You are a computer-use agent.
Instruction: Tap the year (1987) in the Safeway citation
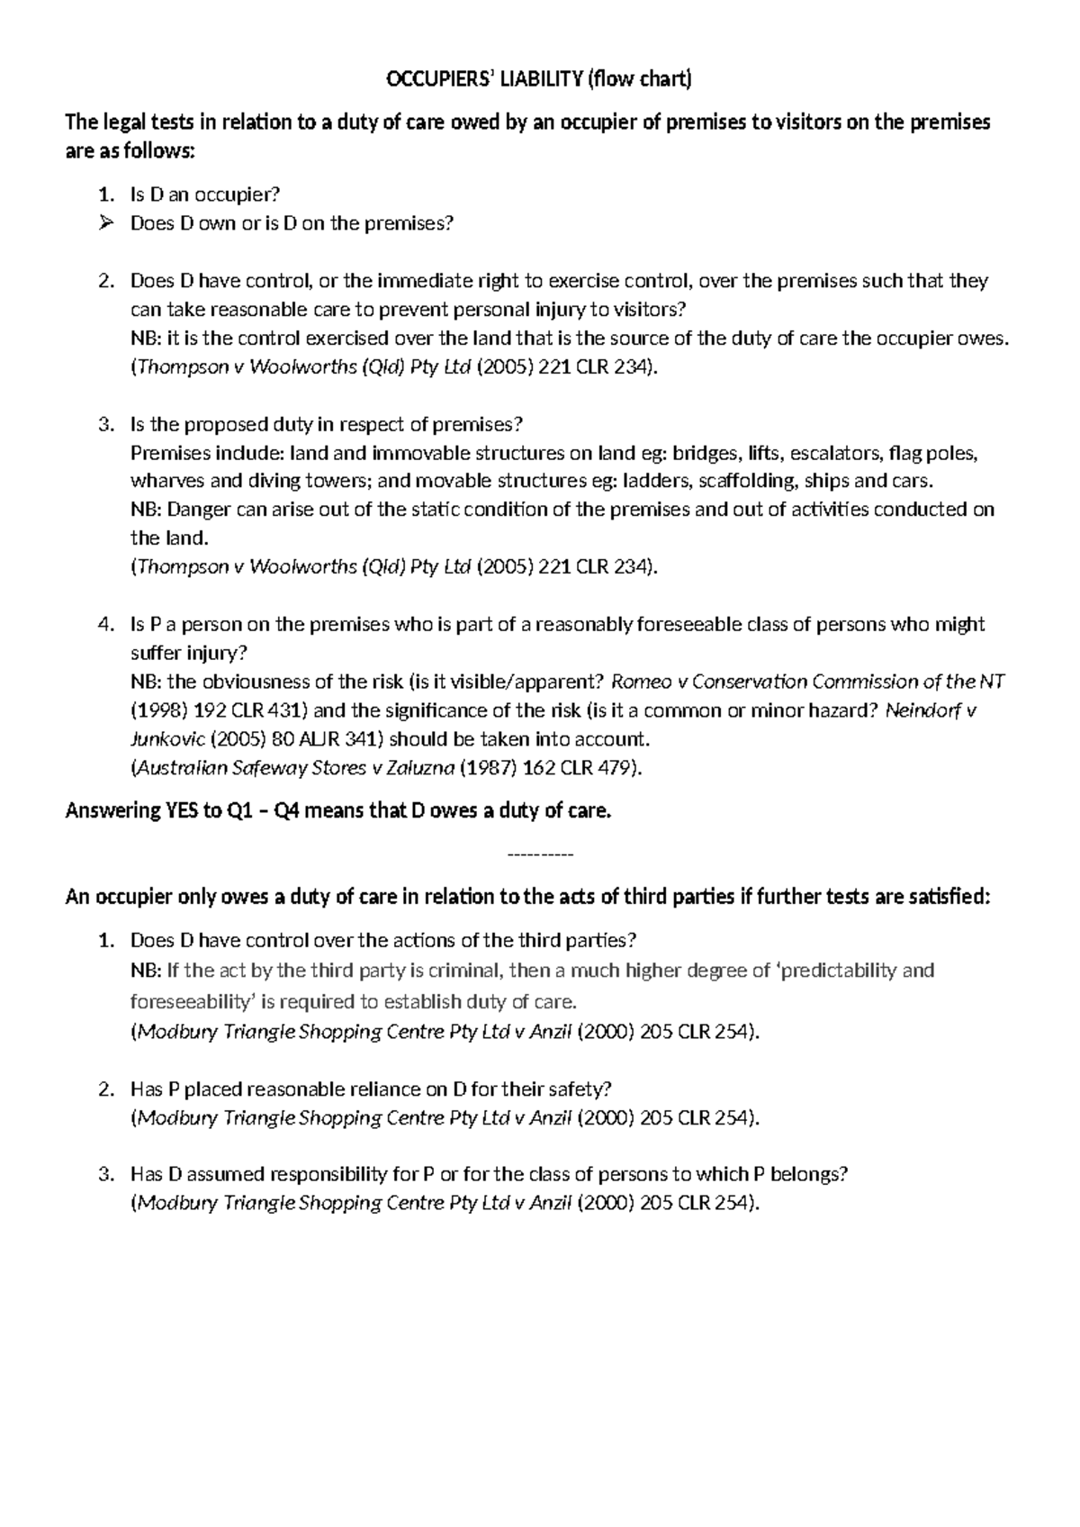[x=485, y=768]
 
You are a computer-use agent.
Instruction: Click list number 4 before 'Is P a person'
[x=106, y=625]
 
